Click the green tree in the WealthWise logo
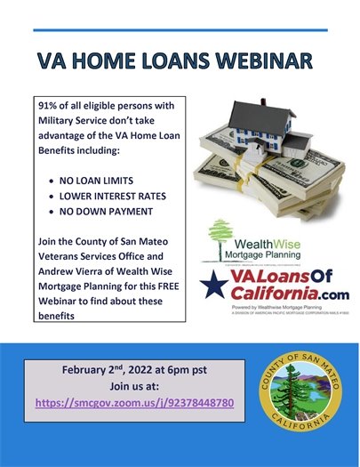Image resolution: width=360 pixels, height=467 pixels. click(220, 238)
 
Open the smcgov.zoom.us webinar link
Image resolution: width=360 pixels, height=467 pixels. click(134, 403)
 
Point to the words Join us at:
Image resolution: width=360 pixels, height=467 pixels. click(134, 386)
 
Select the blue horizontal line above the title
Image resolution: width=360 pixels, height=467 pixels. click(179, 28)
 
